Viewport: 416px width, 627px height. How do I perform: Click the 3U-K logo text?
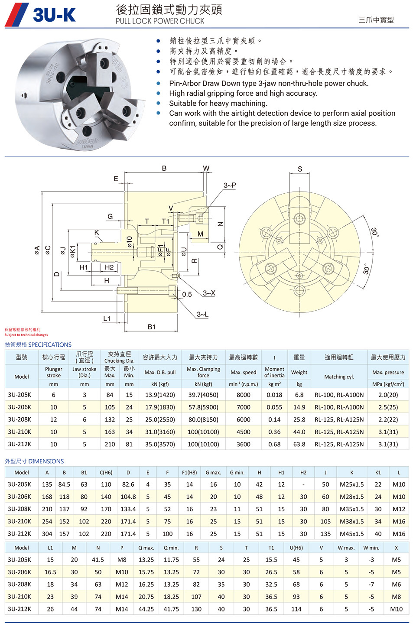54,15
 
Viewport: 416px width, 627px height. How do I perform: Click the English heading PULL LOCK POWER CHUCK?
159,21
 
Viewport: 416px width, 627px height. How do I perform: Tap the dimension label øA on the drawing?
37,250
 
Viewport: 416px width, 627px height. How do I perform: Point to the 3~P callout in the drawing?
230,185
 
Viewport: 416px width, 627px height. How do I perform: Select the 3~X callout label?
209,293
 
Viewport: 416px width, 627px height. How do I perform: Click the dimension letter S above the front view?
300,169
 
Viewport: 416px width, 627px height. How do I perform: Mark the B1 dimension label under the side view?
151,327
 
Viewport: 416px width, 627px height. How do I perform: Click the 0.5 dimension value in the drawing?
187,294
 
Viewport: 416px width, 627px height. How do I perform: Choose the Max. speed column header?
243,372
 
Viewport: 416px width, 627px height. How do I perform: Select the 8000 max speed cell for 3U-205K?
243,395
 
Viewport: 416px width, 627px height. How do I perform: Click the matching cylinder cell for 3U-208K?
339,419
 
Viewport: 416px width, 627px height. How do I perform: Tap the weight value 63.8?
299,444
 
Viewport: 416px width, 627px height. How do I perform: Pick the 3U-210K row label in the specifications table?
19,432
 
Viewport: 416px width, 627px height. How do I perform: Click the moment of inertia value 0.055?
274,407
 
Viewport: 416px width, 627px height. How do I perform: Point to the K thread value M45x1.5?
351,534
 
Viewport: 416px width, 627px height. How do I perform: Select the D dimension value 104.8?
128,497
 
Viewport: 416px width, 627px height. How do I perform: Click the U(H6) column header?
296,548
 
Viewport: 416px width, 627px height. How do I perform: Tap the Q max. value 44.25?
146,609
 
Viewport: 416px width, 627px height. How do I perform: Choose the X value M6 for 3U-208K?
396,584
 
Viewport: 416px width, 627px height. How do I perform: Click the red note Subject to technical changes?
26,335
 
